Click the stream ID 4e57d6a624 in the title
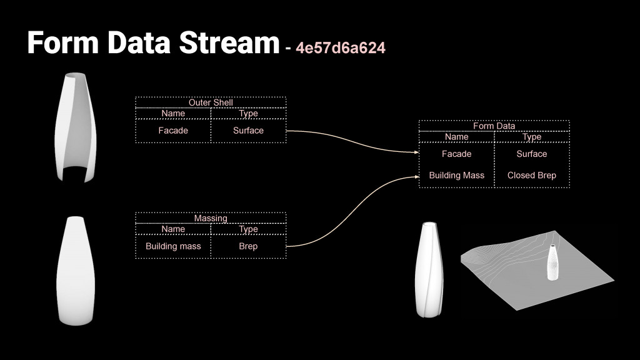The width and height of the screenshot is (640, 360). [341, 48]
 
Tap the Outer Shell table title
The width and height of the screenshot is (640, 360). [211, 102]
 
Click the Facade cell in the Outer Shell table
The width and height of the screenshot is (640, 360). [173, 131]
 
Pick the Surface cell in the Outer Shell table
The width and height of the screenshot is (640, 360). [248, 131]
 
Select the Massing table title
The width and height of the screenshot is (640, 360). [211, 218]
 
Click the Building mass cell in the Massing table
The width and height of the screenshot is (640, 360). [173, 246]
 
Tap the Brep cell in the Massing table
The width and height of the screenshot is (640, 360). [248, 246]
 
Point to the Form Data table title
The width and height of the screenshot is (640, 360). [494, 126]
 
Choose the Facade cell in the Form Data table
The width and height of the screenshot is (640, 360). [456, 154]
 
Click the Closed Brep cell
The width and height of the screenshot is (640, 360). [531, 176]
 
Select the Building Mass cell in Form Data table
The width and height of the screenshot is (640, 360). [456, 176]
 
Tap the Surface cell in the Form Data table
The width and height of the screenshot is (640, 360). [531, 154]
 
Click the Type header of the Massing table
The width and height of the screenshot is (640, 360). [248, 229]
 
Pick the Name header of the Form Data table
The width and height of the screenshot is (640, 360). [456, 137]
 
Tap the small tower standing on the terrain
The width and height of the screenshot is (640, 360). [553, 262]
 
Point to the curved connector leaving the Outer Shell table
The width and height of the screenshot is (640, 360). [350, 140]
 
